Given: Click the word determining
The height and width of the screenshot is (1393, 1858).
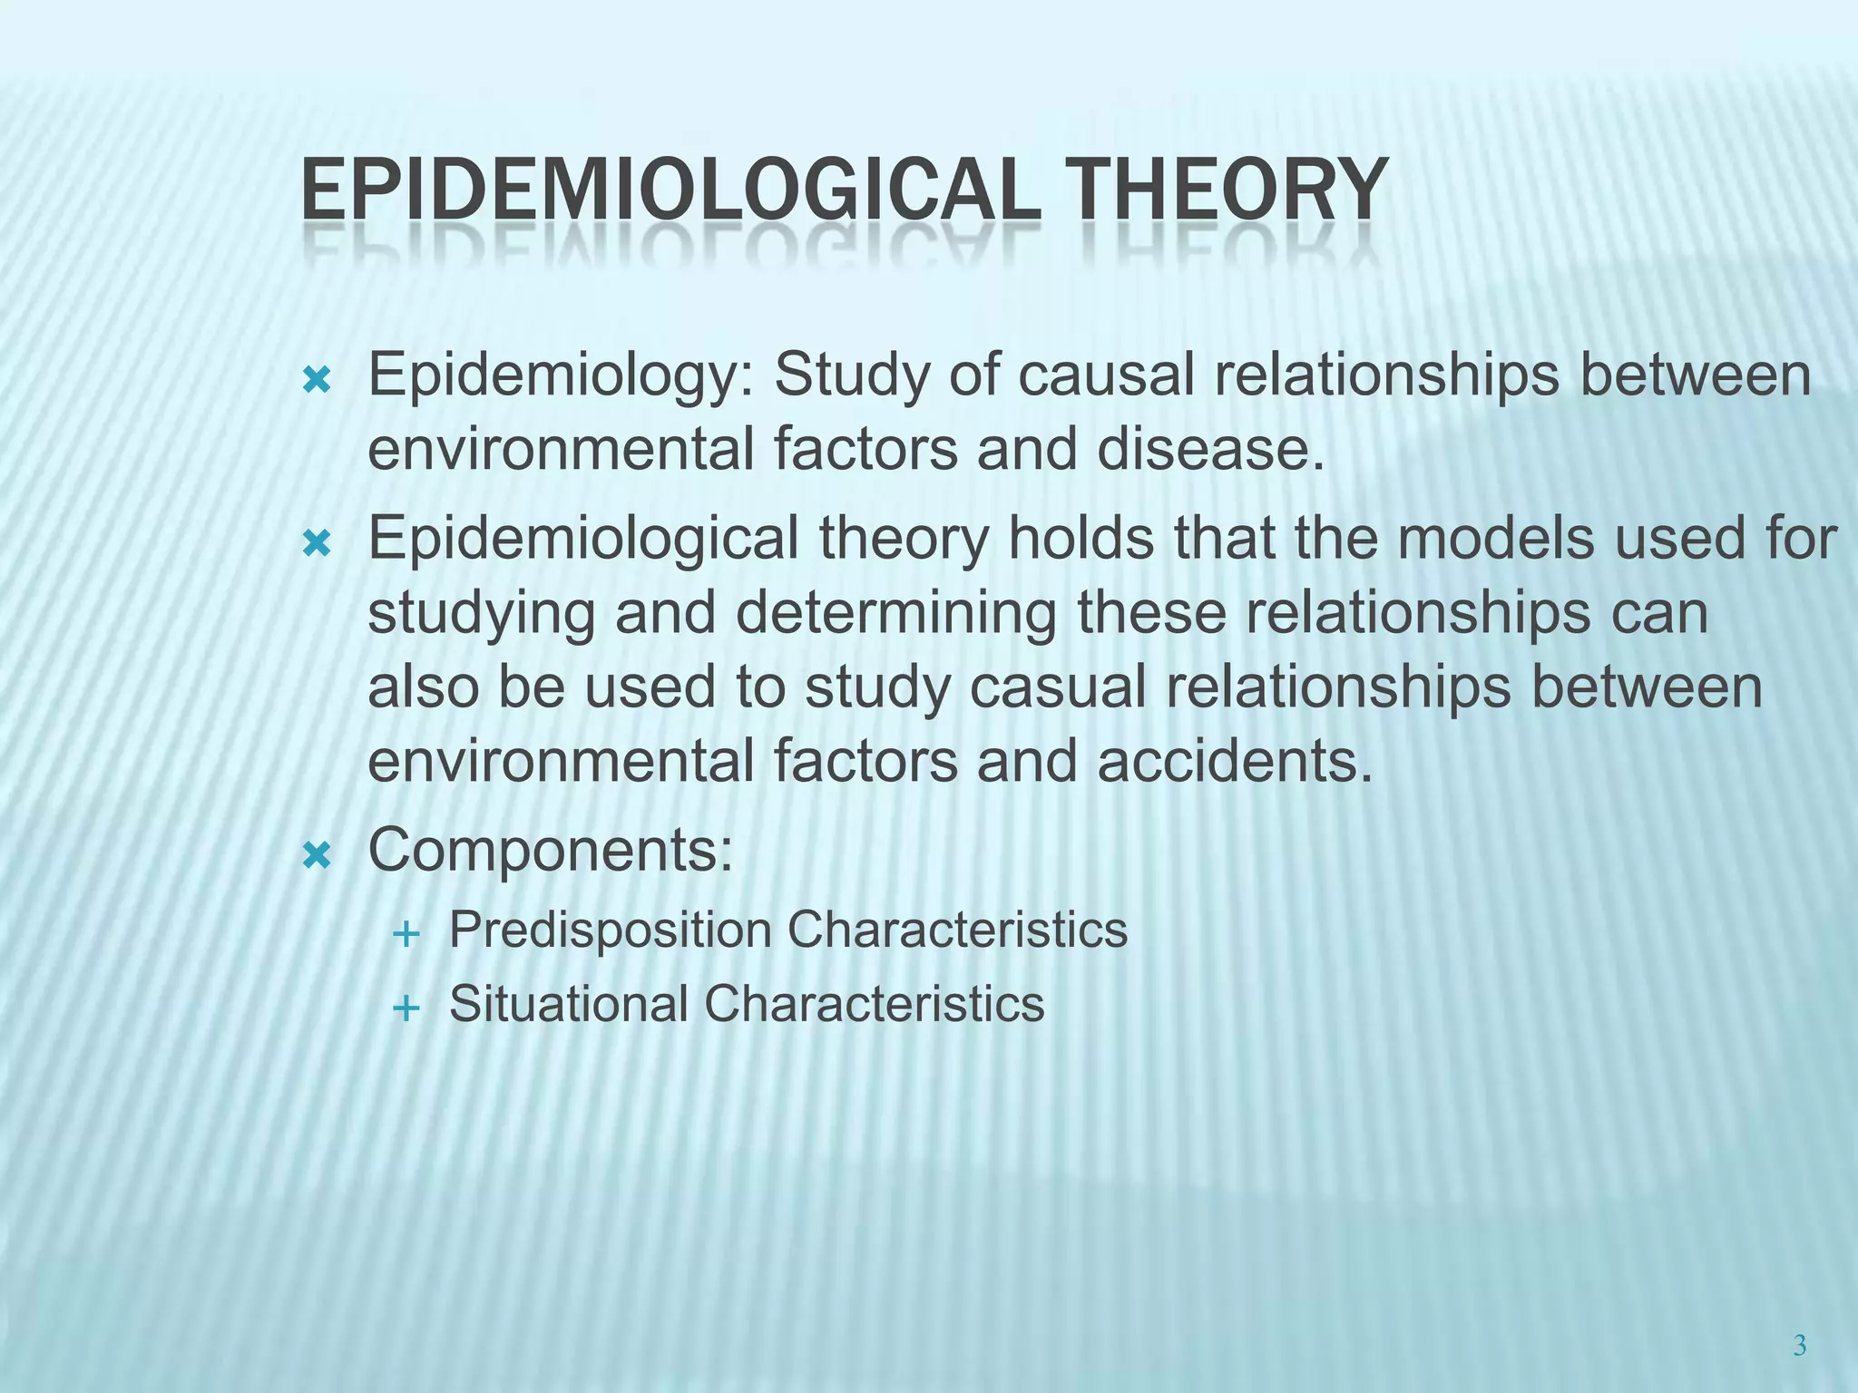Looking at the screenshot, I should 895,614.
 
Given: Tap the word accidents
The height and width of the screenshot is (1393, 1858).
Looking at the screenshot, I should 1235,761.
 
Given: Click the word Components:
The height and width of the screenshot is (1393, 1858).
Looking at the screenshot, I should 550,852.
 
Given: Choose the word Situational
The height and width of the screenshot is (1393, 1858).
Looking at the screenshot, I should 569,1004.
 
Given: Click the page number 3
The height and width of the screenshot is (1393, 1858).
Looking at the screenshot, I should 1800,1346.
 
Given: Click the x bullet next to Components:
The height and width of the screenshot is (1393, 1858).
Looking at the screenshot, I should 317,854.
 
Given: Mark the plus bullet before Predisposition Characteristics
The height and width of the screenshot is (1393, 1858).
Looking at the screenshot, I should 407,933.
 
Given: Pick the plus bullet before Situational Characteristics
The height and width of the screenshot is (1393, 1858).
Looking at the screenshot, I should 407,1008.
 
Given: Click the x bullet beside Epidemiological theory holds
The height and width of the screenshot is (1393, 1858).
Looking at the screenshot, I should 317,543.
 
